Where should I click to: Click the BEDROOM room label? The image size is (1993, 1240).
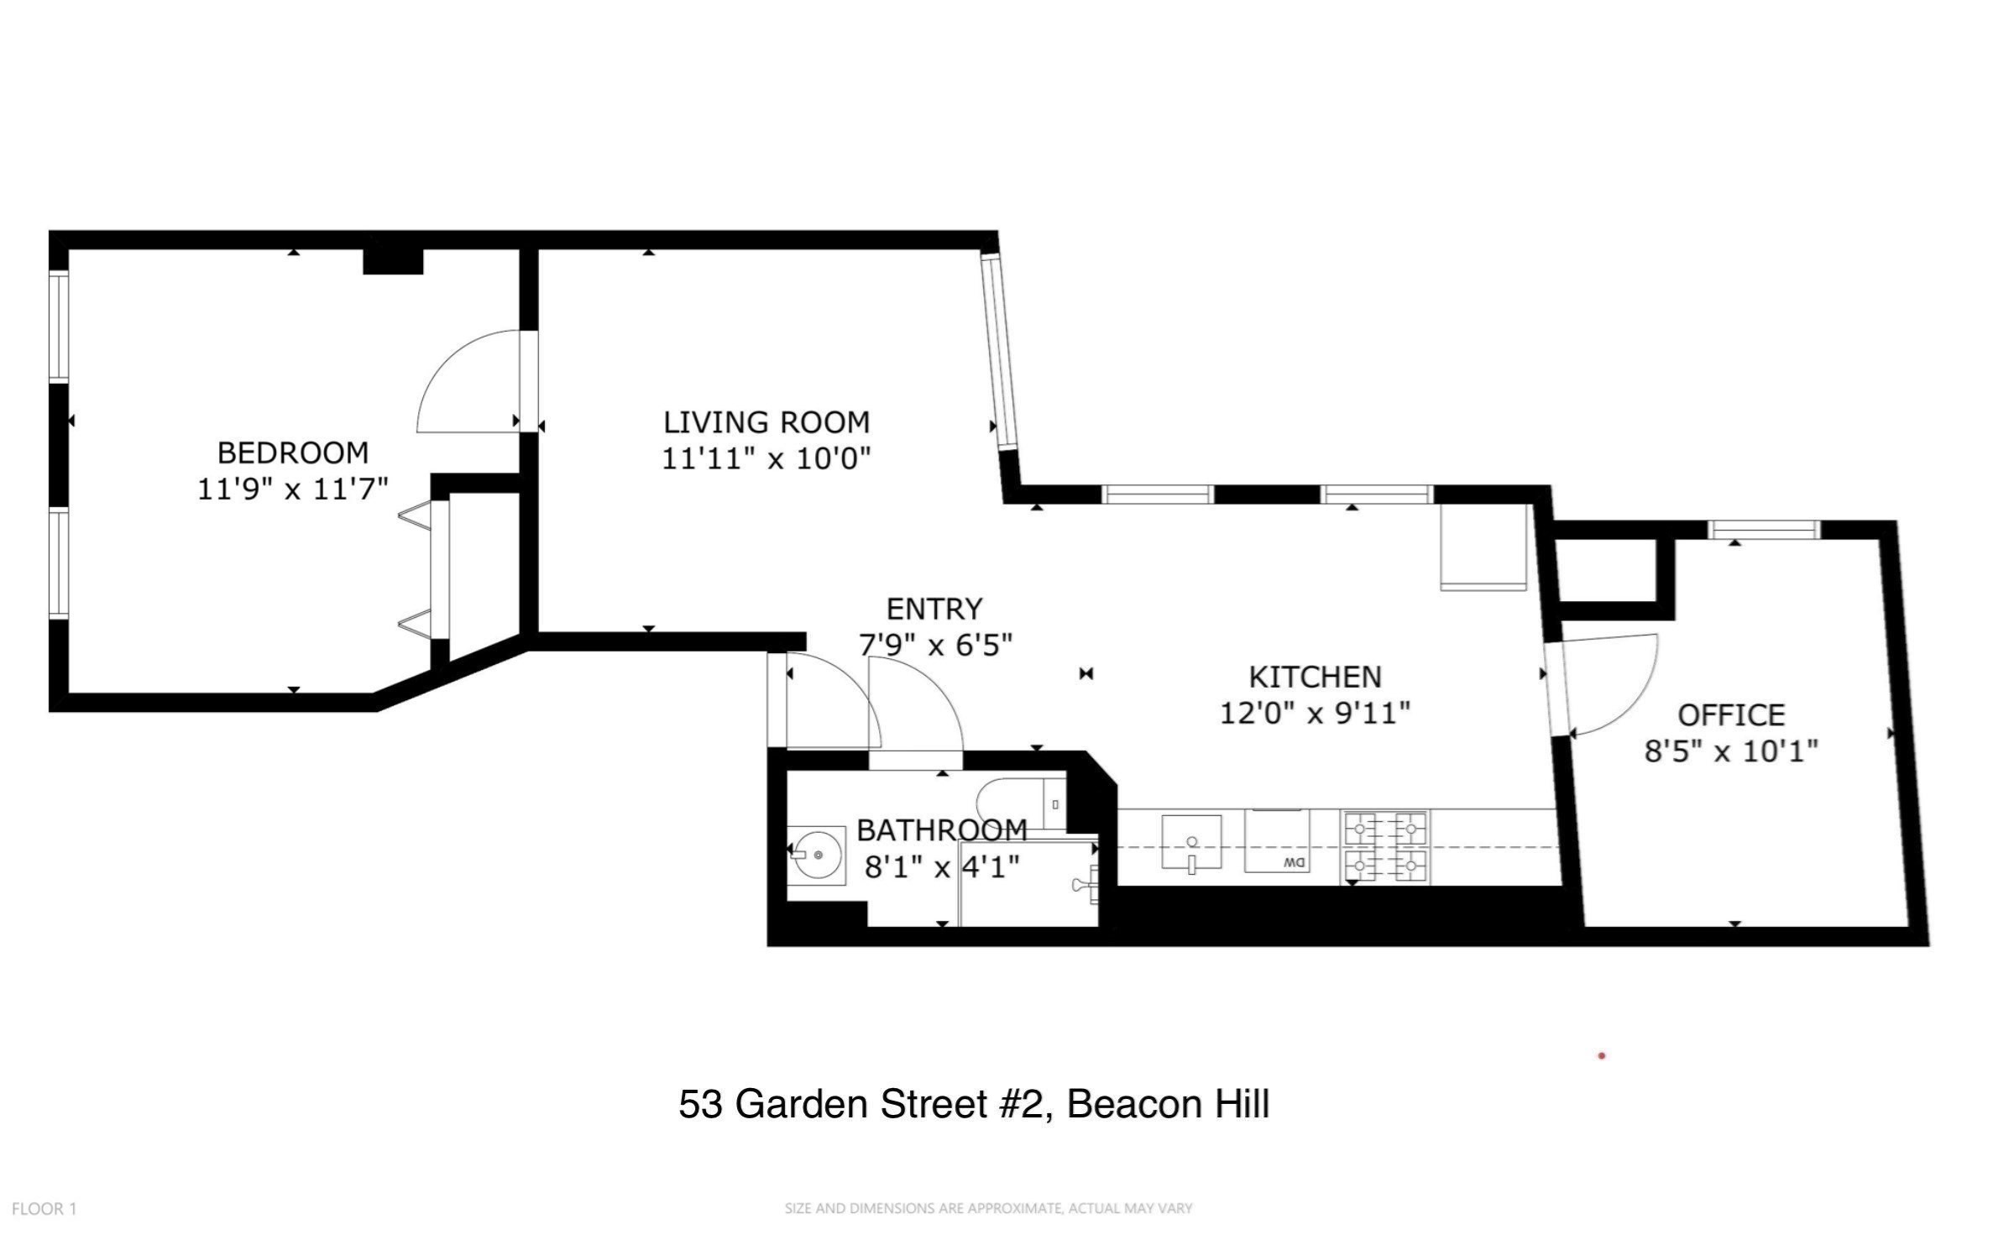tap(292, 453)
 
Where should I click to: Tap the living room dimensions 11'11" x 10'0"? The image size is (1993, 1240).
tap(766, 459)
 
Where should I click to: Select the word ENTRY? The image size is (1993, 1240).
tap(934, 609)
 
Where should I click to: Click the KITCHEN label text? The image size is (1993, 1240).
tap(1315, 677)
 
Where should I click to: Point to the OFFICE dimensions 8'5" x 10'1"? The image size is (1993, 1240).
tap(1730, 751)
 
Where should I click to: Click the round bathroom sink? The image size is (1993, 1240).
tap(817, 855)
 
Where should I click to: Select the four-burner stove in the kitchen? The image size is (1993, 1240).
tap(1386, 846)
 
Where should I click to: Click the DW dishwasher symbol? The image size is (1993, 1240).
tap(1276, 841)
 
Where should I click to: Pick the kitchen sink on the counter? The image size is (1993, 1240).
tap(1191, 842)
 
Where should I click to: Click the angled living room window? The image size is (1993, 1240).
tap(999, 353)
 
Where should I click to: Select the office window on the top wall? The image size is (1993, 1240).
tap(1764, 530)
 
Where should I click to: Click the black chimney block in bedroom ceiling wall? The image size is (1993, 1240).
tap(392, 261)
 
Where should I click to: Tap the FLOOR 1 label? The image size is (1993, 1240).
tap(44, 1209)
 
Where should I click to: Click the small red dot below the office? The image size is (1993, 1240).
tap(1602, 1055)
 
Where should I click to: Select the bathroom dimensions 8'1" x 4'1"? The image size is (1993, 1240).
tap(942, 866)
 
